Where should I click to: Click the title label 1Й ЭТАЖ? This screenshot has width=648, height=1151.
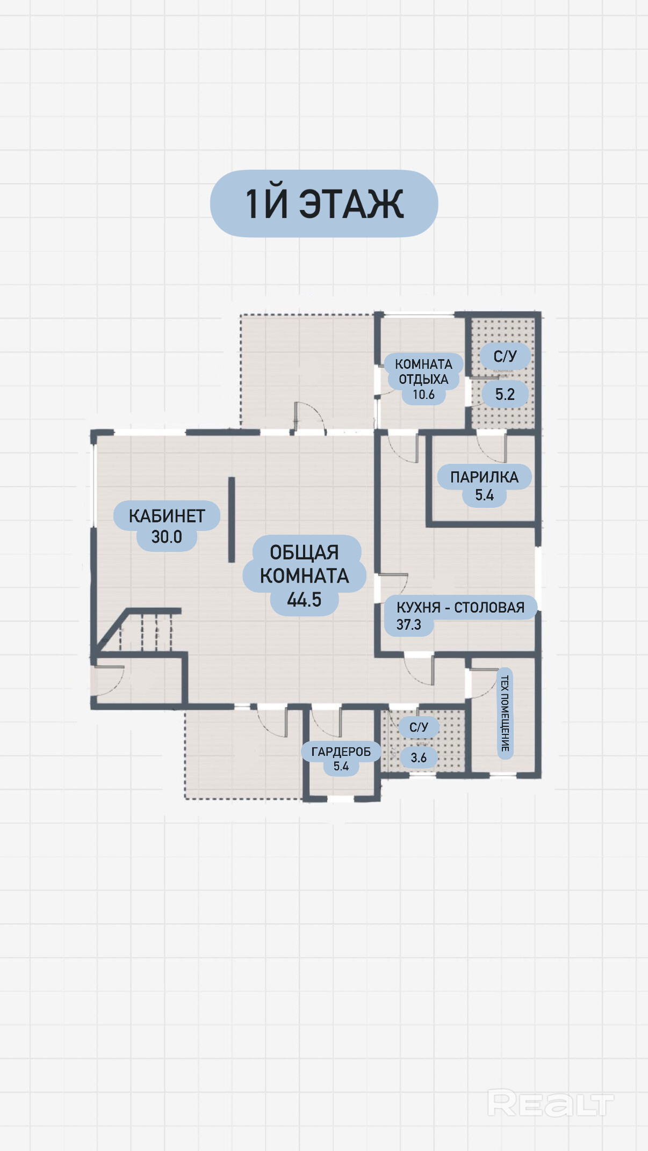click(324, 204)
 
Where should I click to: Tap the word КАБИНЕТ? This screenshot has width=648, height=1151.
click(167, 516)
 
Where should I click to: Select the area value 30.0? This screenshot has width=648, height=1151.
click(167, 537)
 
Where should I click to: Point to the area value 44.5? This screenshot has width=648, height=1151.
click(304, 600)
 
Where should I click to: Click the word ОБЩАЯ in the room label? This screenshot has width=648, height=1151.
click(304, 552)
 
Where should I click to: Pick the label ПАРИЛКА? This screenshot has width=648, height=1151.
click(484, 477)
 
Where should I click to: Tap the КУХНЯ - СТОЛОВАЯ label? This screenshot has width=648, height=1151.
click(460, 607)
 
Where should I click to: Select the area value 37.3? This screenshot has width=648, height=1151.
click(409, 625)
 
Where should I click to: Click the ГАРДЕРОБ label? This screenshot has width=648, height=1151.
click(341, 752)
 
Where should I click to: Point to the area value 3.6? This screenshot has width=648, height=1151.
click(419, 757)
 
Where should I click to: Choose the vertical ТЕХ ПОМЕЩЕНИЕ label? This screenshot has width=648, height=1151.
click(505, 713)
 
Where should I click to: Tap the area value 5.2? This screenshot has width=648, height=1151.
click(505, 395)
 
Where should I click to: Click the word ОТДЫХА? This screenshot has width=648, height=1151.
click(423, 380)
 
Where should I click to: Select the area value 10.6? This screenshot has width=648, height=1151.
click(423, 395)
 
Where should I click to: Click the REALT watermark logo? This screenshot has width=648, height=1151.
click(550, 1104)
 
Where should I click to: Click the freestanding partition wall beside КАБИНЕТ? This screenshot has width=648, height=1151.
click(232, 520)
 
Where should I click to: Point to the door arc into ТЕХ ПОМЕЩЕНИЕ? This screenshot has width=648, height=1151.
click(484, 683)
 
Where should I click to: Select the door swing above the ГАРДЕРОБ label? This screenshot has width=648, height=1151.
click(326, 722)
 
